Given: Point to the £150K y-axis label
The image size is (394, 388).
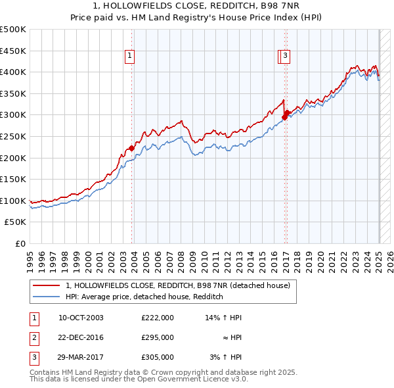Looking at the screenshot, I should (x=13, y=179).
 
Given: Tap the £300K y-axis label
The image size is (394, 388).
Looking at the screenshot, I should (x=13, y=115).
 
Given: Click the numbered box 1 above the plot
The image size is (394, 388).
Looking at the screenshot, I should (x=131, y=57).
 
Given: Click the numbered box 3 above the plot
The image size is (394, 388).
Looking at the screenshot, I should (x=286, y=57).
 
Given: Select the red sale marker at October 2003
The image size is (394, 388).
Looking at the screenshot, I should (x=131, y=148).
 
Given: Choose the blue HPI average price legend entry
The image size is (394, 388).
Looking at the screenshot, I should (x=144, y=297).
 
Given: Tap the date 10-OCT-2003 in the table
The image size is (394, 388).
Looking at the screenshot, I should (x=81, y=318).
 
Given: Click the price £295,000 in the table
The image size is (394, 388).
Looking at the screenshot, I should (x=157, y=337).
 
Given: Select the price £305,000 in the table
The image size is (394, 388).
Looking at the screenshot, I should (x=157, y=357).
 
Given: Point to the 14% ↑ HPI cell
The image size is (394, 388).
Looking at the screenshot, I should (x=224, y=318).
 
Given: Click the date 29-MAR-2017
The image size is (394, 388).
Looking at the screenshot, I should (x=81, y=357).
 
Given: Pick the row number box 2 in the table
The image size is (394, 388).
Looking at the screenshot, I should (x=33, y=337).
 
